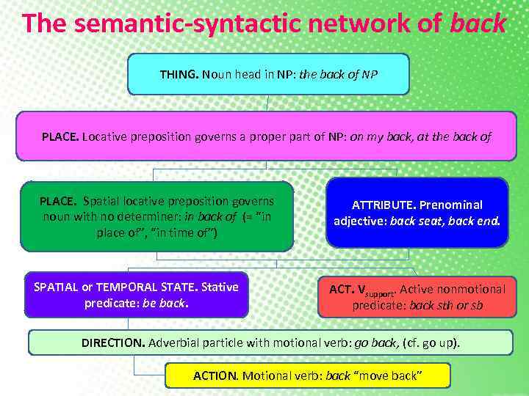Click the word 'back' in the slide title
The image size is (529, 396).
pos(478,23)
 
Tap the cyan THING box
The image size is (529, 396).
pos(268,74)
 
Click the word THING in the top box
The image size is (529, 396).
pos(179,74)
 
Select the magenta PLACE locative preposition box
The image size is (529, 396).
pos(266,136)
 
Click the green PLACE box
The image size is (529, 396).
pos(157,216)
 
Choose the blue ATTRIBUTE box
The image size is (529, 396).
pos(417,213)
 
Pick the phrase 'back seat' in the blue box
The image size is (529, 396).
pos(411,220)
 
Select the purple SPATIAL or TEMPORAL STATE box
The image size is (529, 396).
pos(137,295)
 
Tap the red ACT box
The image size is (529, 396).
pos(417,297)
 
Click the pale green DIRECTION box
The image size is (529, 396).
pos(270,342)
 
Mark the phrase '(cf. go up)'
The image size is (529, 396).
pos(430,342)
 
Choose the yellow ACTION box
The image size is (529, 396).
pos(307,375)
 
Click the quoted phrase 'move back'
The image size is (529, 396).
pos(387,375)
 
